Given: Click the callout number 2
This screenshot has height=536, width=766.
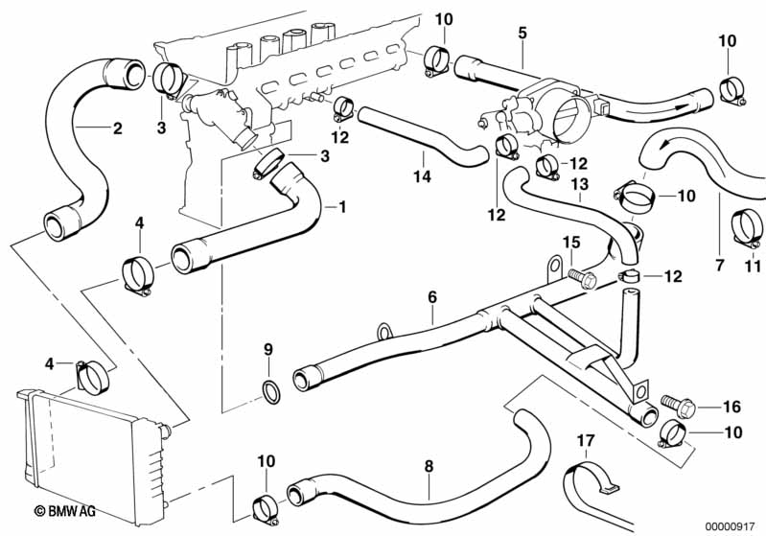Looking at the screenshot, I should (x=117, y=128).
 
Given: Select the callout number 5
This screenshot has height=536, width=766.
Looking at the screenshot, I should (x=522, y=33).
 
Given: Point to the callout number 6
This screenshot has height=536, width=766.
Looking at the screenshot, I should (x=432, y=298).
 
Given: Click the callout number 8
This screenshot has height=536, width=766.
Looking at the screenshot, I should (x=429, y=467).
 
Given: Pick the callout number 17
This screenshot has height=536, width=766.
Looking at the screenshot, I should (x=587, y=441).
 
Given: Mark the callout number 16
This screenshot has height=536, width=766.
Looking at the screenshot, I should (x=731, y=407).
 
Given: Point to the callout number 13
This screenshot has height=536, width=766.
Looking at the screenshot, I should (x=578, y=184).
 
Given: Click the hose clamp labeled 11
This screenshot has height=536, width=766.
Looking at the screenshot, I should (x=746, y=226).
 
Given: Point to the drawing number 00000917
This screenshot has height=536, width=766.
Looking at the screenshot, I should (x=729, y=525).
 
